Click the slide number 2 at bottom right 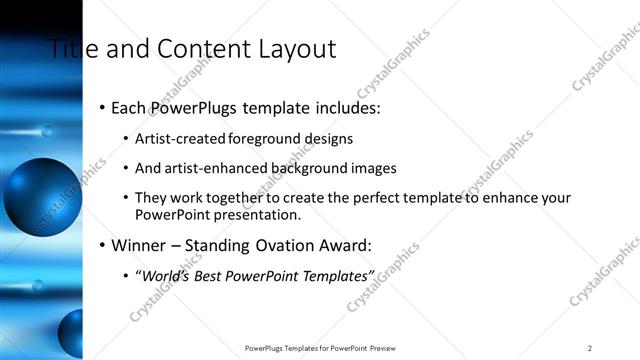(x=589, y=348)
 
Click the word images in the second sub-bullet (x=373, y=168)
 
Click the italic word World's (x=164, y=275)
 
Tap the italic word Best (x=214, y=275)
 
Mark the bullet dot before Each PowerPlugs (x=102, y=108)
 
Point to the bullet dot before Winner (x=102, y=245)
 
